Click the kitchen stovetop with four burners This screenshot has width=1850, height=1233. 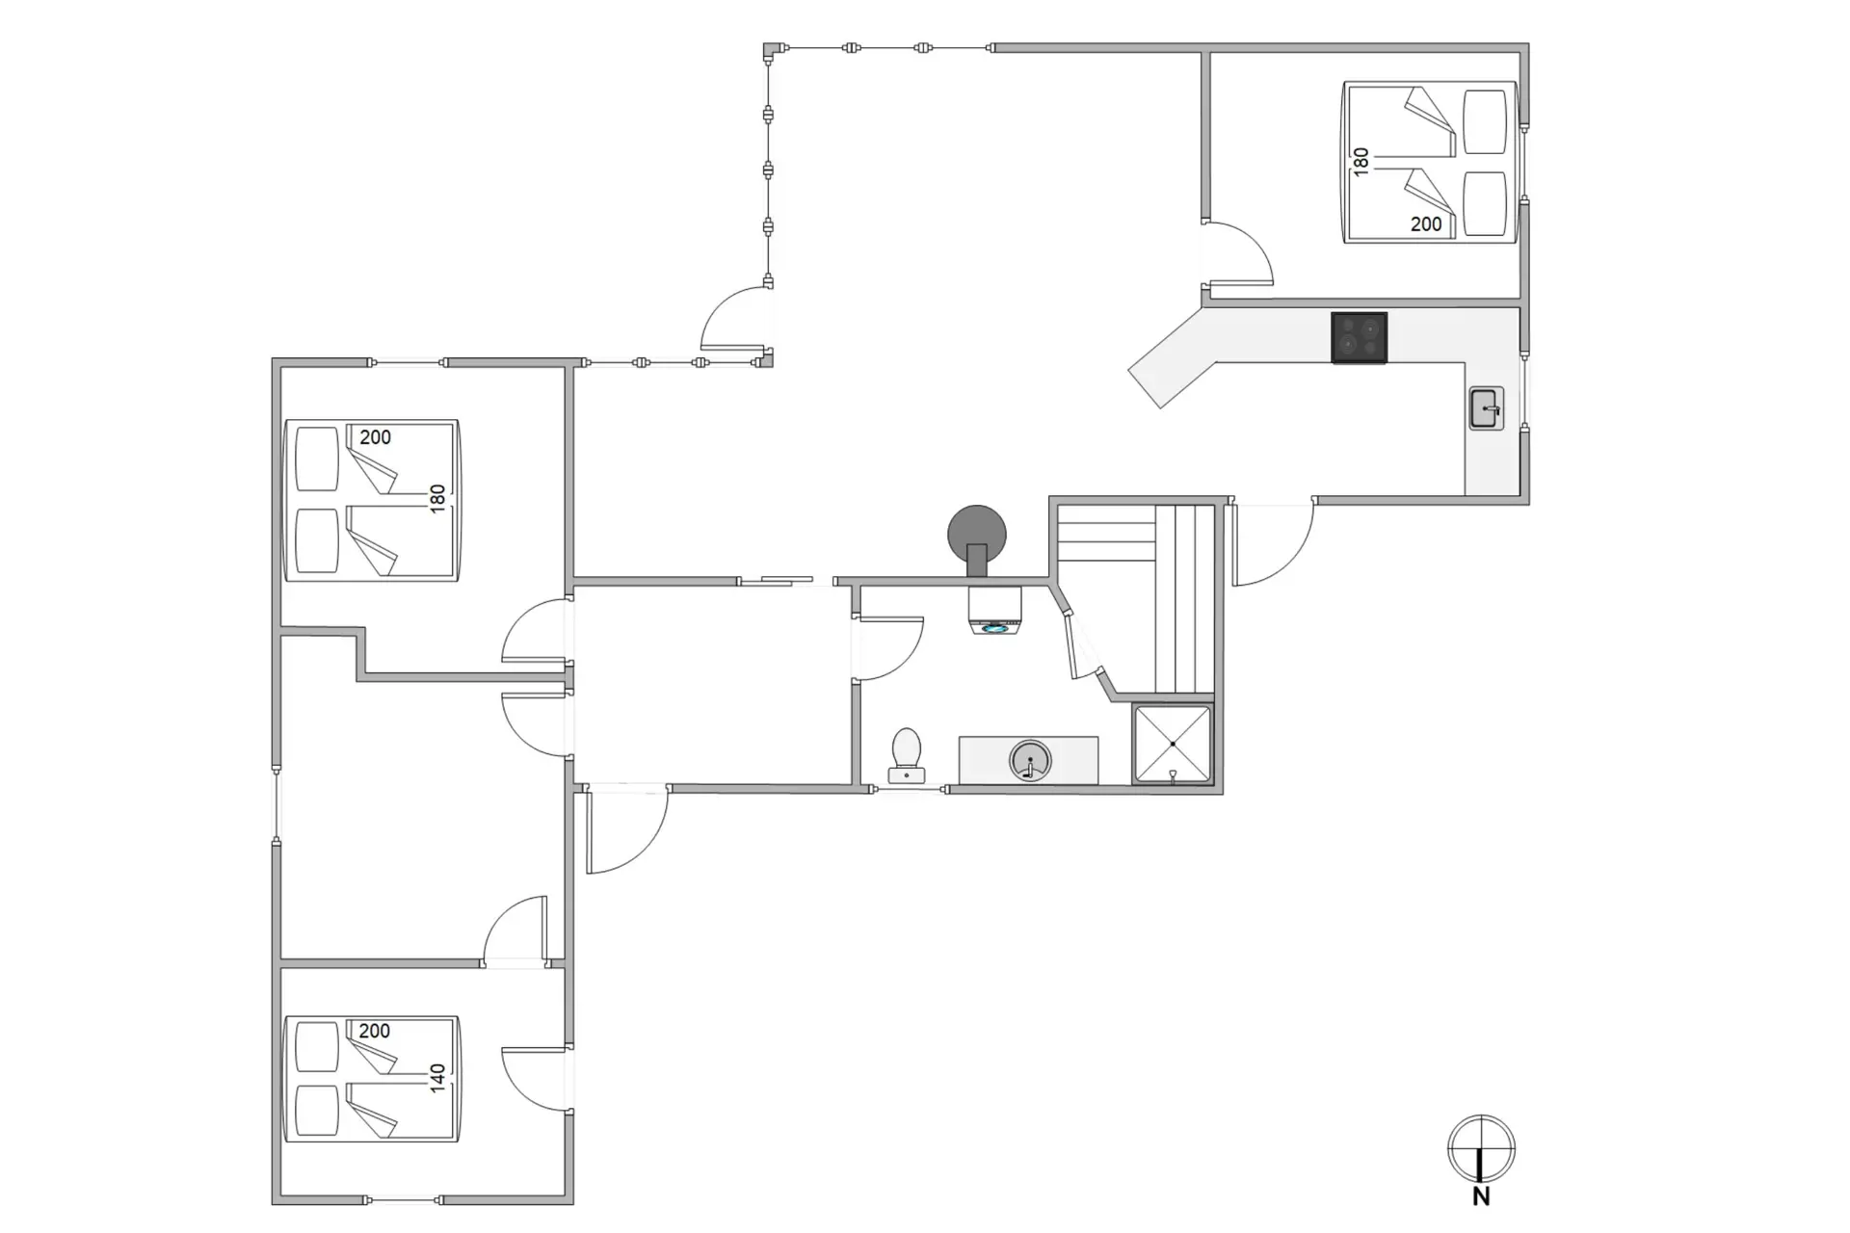click(1359, 338)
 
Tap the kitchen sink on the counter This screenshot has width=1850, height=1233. click(1486, 408)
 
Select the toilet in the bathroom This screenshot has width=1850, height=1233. click(906, 755)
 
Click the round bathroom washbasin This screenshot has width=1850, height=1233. click(1030, 761)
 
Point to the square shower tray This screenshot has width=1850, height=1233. click(1173, 745)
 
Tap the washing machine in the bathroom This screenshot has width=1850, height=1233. click(994, 611)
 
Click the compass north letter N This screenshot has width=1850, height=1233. click(1481, 1196)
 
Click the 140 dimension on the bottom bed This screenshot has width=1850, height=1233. click(437, 1078)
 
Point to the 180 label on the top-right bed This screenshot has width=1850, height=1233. click(1361, 161)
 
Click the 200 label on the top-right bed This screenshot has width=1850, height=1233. click(1426, 224)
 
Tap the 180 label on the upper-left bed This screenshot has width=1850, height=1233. click(437, 498)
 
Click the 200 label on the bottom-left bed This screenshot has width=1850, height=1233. click(375, 1031)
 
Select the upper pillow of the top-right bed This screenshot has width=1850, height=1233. click(1485, 121)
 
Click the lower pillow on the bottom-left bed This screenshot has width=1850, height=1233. click(317, 1111)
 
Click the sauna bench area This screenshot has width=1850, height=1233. click(1136, 598)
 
